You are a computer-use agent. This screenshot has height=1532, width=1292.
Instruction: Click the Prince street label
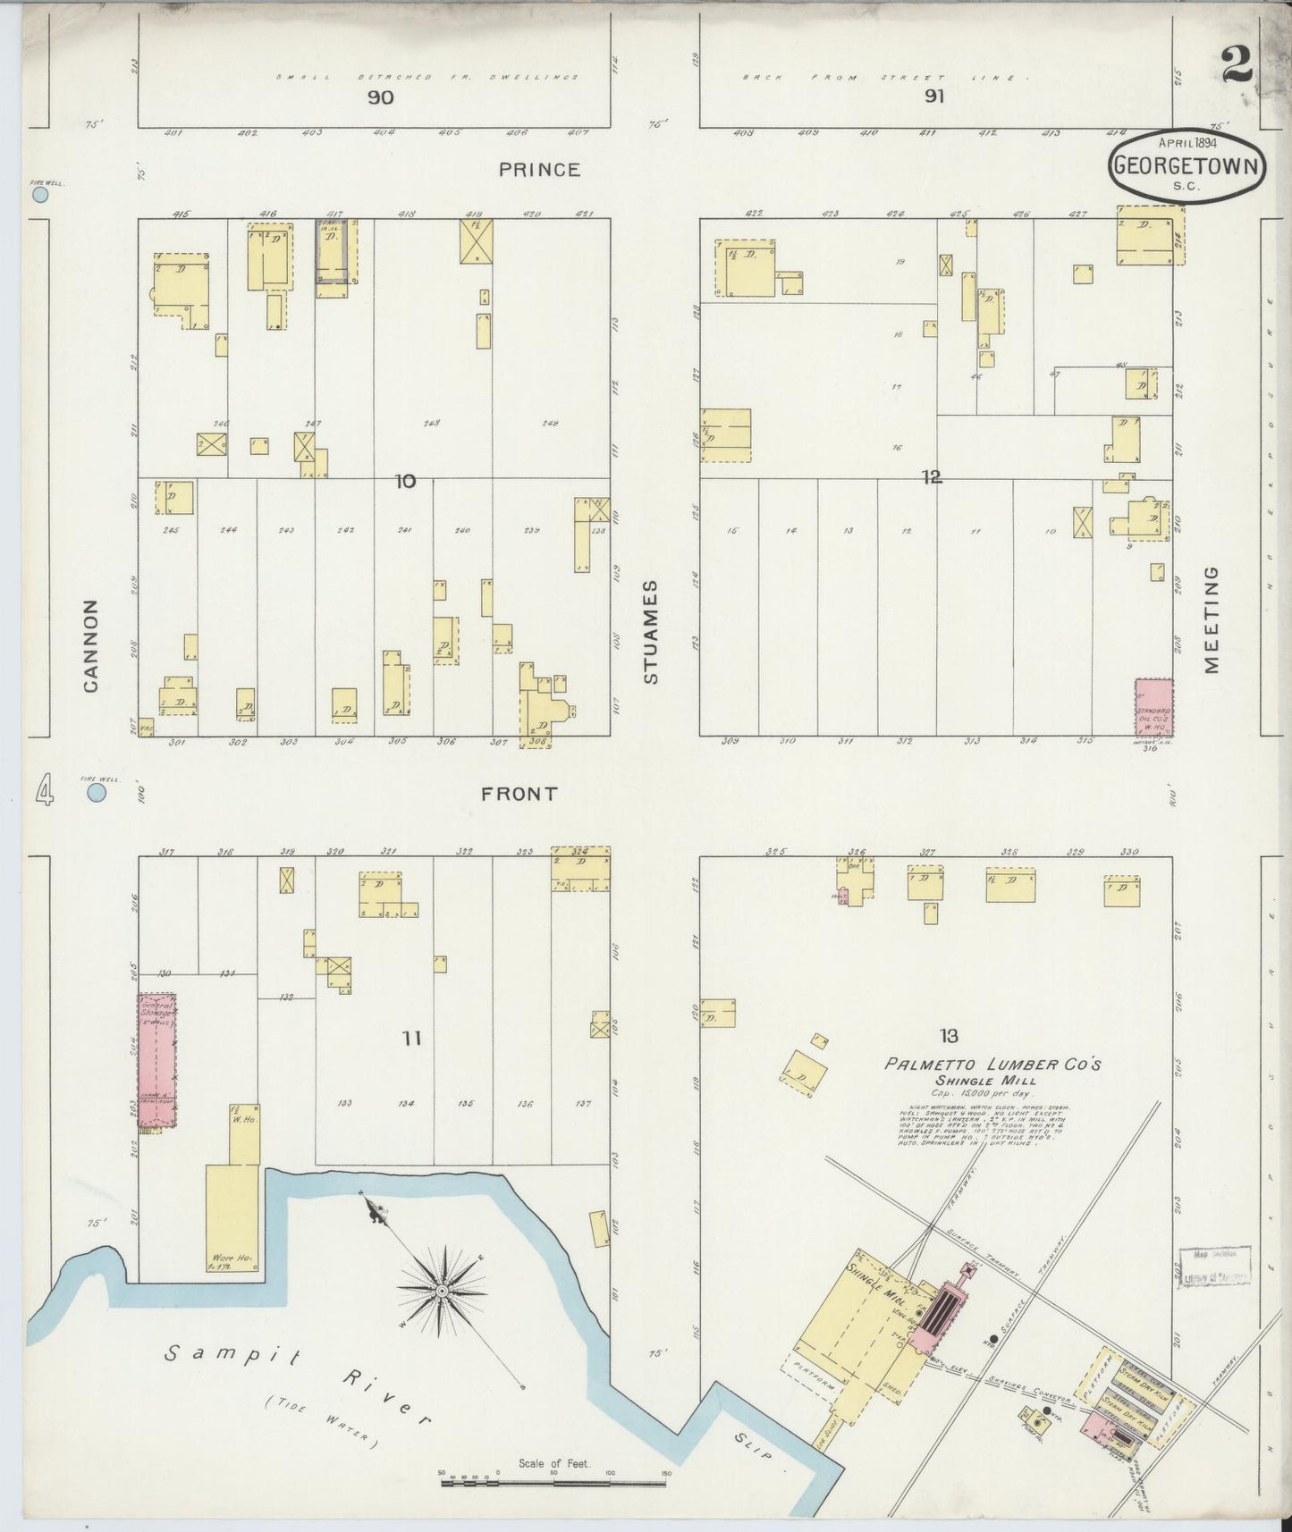[x=539, y=169]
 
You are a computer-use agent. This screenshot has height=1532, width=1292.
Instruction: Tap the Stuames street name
[x=651, y=632]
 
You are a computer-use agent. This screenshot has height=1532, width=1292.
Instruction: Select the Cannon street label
[x=90, y=645]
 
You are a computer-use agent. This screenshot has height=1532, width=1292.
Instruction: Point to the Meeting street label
[x=1212, y=619]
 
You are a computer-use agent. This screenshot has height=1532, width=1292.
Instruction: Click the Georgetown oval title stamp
[x=1187, y=164]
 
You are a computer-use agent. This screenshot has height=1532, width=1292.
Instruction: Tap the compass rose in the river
[x=443, y=1292]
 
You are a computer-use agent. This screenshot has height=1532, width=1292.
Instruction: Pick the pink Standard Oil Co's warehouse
[x=1153, y=708]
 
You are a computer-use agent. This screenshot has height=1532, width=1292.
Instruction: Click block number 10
[x=405, y=482]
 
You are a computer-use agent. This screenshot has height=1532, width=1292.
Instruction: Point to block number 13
[x=949, y=1036]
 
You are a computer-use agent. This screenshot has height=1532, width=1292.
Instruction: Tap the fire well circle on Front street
[x=97, y=792]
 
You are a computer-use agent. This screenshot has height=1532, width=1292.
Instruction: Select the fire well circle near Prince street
[x=38, y=193]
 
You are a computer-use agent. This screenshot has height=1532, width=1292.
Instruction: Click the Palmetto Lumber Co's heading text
[x=992, y=1065]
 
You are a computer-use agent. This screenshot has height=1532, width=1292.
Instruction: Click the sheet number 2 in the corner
[x=1237, y=66]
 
